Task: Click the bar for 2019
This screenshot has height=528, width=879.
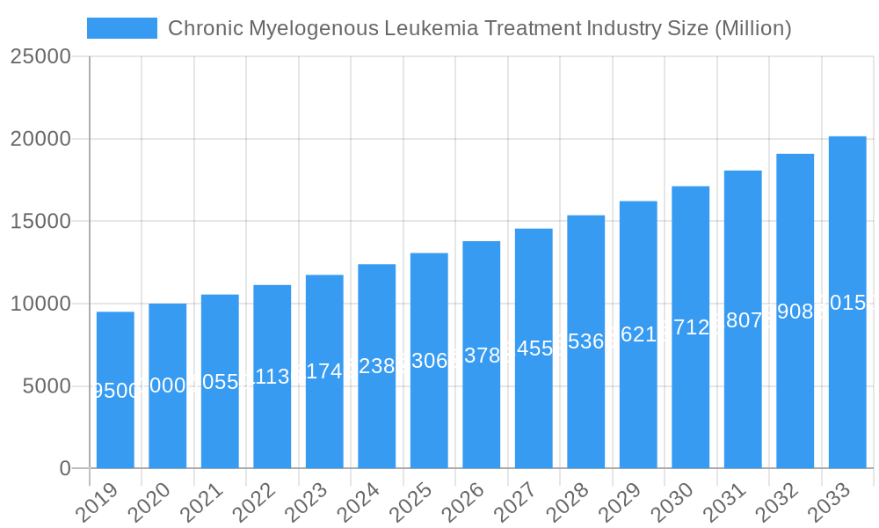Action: (115, 390)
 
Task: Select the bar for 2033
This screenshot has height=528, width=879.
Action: (847, 302)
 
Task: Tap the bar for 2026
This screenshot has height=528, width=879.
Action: (481, 355)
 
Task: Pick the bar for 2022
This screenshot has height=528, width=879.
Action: (272, 377)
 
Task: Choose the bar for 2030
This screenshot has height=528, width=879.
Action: (690, 327)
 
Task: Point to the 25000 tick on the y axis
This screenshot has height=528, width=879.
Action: (40, 57)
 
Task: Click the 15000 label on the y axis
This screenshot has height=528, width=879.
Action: (40, 222)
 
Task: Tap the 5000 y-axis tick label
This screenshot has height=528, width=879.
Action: (46, 386)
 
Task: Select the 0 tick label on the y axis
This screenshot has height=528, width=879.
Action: (65, 469)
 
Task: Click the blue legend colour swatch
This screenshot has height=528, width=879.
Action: (122, 28)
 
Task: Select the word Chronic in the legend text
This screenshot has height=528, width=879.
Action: (205, 28)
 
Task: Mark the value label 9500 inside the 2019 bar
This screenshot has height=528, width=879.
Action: (116, 391)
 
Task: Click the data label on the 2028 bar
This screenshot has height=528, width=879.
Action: (586, 341)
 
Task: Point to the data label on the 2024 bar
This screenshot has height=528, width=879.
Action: (377, 366)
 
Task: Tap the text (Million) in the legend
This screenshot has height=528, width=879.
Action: (752, 28)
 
